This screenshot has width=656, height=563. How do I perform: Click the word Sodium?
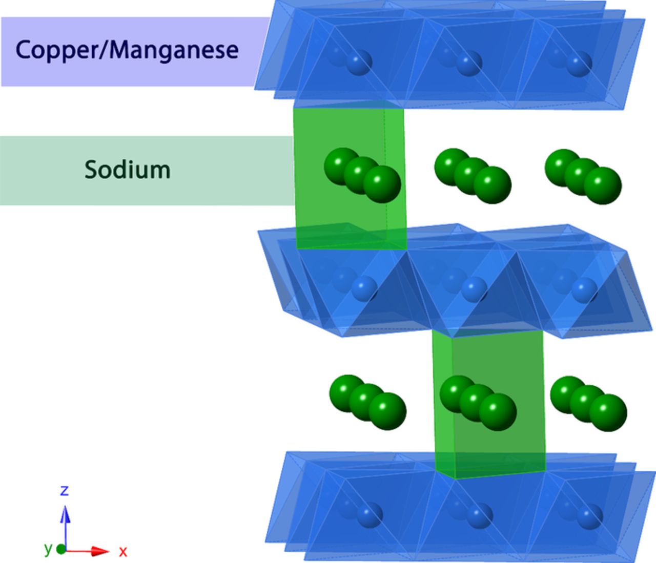click(127, 170)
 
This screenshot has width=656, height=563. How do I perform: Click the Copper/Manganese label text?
click(127, 50)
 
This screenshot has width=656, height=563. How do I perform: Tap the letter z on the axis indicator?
click(64, 490)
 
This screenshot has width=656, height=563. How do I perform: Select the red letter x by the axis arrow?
click(123, 551)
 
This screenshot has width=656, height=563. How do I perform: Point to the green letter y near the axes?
click(48, 548)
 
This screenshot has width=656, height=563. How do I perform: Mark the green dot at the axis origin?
click(61, 549)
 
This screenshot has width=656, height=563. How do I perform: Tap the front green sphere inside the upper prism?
click(382, 184)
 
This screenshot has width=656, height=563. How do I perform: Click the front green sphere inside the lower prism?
click(498, 411)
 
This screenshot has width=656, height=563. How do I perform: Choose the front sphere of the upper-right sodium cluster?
click(603, 185)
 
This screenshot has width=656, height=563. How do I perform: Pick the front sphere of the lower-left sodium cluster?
click(387, 411)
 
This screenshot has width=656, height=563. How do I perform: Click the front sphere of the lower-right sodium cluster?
click(608, 412)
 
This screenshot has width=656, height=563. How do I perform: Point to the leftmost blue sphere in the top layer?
click(359, 63)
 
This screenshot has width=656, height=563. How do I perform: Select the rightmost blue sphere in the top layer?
click(580, 64)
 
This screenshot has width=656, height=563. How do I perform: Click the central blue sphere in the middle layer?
click(474, 289)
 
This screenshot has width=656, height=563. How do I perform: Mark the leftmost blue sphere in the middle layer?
click(364, 288)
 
